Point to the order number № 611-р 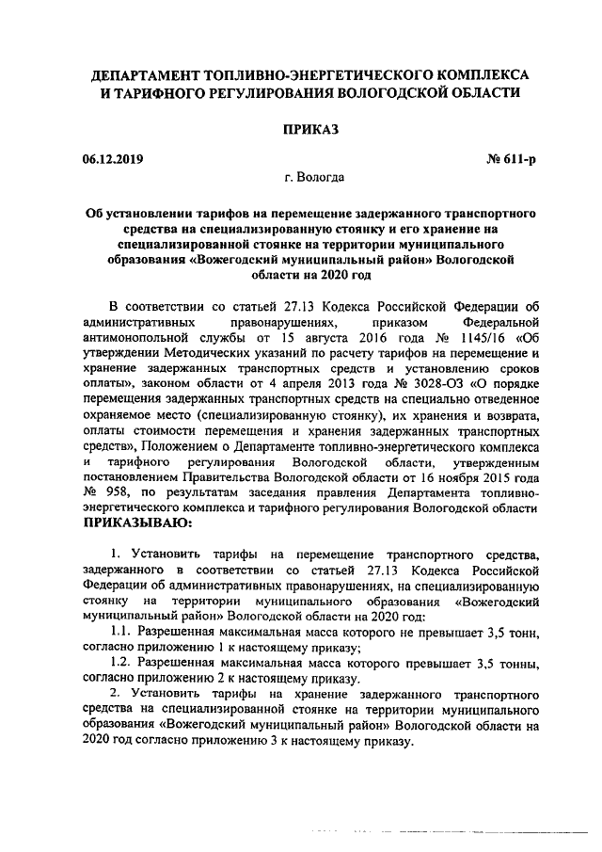coord(513,159)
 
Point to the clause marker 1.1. coord(120,629)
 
